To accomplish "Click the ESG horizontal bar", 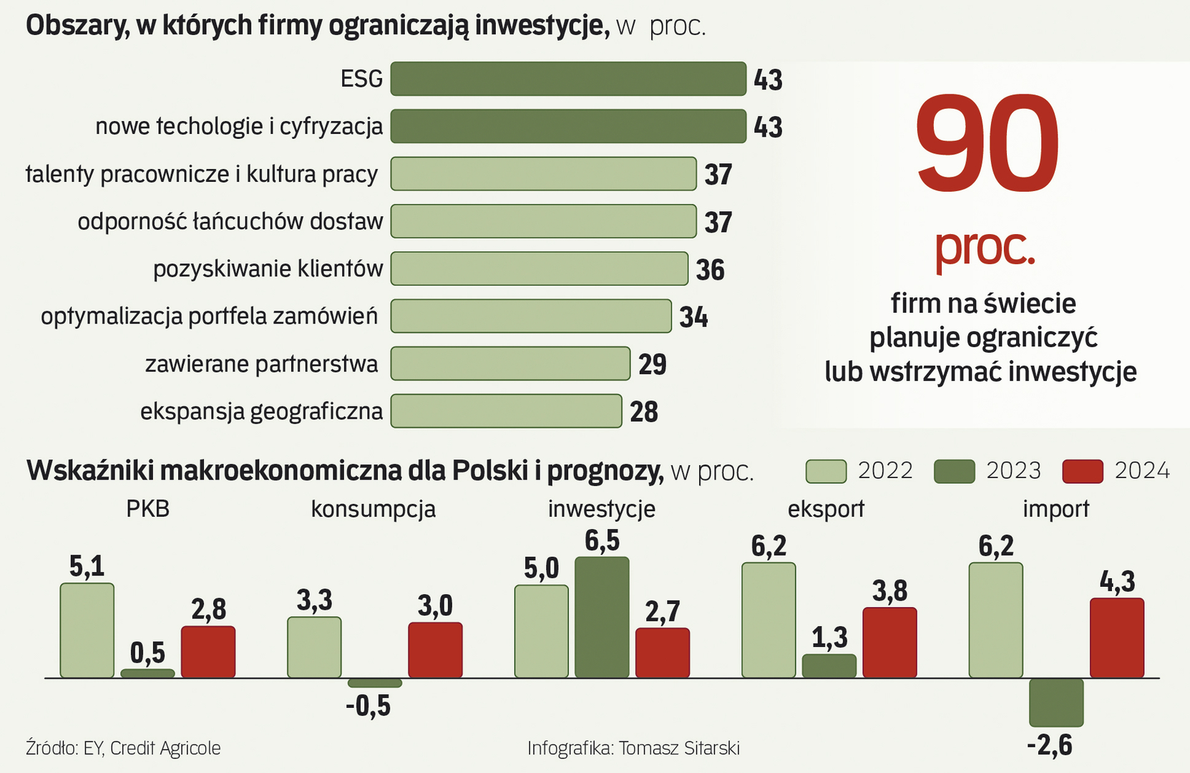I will (568, 79).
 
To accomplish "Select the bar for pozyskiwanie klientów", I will (539, 268).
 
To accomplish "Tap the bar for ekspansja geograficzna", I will (506, 411).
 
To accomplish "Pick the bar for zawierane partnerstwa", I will (510, 364).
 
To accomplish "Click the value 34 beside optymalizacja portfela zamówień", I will (693, 317).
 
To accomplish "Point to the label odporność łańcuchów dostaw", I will (230, 221).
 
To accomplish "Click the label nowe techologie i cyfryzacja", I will (239, 127).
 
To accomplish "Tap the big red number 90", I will (987, 143).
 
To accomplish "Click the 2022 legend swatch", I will (826, 471).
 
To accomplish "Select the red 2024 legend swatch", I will (1083, 471).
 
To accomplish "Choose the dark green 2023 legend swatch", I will (955, 471).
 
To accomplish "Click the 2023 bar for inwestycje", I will (602, 617).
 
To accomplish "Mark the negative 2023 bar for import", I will (1056, 702).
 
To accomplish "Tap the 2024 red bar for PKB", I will (208, 651).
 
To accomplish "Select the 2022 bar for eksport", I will (769, 620).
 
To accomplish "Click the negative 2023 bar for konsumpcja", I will (374, 683).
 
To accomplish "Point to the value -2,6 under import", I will (1050, 746).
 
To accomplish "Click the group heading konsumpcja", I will (373, 509).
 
